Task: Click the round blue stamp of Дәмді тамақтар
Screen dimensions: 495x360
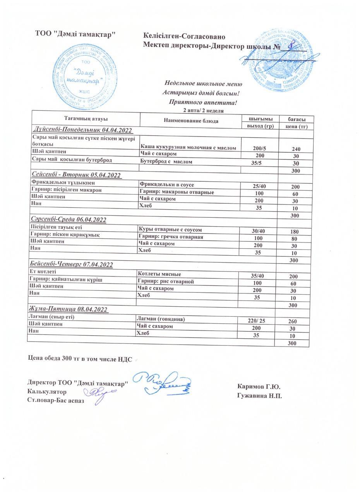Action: (x=85, y=77)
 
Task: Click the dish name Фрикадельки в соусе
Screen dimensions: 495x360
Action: (x=167, y=185)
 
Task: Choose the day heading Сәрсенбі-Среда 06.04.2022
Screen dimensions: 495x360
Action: (x=68, y=220)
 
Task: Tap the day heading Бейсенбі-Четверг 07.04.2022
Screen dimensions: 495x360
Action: (x=71, y=265)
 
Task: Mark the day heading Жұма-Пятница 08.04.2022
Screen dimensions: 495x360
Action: (x=68, y=309)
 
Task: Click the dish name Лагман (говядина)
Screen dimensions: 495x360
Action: (x=161, y=319)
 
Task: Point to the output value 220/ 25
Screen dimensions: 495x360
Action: (x=256, y=321)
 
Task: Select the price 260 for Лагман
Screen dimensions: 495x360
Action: (x=293, y=321)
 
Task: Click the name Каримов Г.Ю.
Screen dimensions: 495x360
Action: (x=259, y=387)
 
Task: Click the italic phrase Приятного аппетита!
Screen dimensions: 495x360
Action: (x=203, y=102)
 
